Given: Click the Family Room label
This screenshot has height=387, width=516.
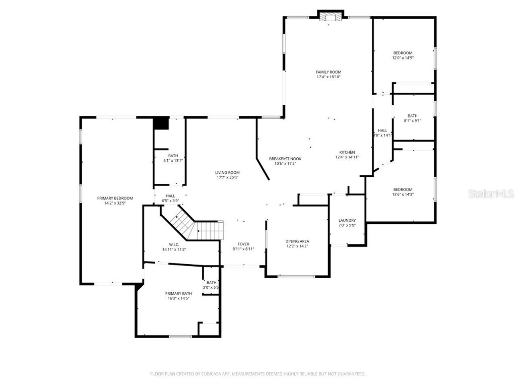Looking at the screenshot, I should point(329,72).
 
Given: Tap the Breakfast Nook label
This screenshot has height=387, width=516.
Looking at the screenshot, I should point(285,158).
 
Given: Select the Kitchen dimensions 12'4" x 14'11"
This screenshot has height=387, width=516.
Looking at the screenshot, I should point(347,157).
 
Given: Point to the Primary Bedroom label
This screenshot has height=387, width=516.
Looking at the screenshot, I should point(115,198).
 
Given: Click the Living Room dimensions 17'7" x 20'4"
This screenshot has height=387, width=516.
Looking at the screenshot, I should point(228,177).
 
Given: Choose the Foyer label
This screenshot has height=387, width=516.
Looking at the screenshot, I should point(243,244).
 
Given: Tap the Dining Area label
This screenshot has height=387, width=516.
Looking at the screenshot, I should point(297,241).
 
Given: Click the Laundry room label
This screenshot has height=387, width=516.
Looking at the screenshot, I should point(347,220).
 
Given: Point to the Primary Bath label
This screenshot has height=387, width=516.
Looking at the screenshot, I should point(178,293).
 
